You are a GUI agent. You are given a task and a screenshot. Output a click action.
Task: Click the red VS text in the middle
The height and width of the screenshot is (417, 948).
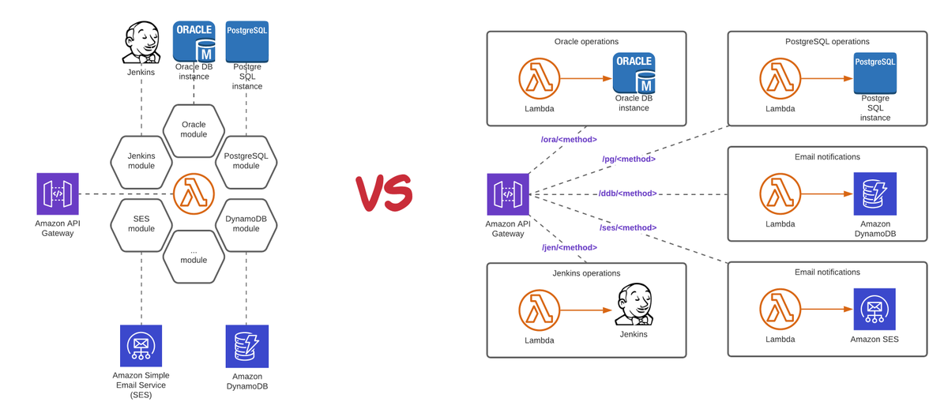[383, 190]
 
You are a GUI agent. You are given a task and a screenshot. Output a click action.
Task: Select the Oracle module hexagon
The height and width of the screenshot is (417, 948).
[194, 130]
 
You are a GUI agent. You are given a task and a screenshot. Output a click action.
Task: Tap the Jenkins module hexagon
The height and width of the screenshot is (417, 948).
[141, 160]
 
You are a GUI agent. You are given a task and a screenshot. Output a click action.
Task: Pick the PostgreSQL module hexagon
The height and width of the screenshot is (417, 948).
[246, 160]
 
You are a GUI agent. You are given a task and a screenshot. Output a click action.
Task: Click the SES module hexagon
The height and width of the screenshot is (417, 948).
[141, 223]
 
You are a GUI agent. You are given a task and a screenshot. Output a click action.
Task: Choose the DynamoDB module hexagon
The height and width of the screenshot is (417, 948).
[246, 223]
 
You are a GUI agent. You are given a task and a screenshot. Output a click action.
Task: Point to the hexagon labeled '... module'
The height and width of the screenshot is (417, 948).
[194, 254]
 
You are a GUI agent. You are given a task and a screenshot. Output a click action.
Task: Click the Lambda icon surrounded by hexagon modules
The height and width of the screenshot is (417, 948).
[194, 193]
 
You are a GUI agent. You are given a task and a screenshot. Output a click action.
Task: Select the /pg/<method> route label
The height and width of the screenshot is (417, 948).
[629, 160]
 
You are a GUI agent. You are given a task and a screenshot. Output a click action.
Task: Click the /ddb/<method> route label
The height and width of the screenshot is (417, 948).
[628, 193]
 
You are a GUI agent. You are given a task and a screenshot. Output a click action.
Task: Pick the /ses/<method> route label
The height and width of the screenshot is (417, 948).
[628, 227]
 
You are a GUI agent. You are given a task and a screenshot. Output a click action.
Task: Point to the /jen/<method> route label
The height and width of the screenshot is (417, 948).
[569, 247]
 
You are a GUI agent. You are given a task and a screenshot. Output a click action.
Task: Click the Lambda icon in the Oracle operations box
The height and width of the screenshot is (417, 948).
[540, 79]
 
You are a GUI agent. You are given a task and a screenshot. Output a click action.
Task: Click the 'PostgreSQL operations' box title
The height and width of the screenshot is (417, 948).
[827, 42]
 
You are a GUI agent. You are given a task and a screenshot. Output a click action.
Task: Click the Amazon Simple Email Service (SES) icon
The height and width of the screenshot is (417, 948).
[141, 346]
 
